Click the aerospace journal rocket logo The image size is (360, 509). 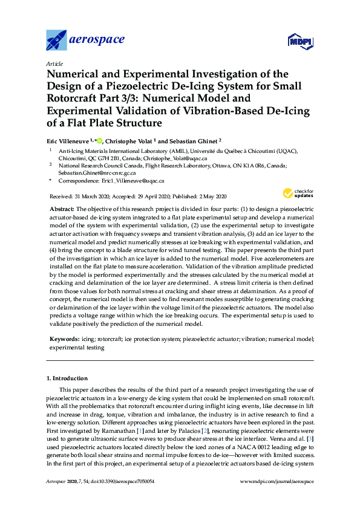tap(57, 41)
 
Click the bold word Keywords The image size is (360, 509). tap(64, 340)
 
